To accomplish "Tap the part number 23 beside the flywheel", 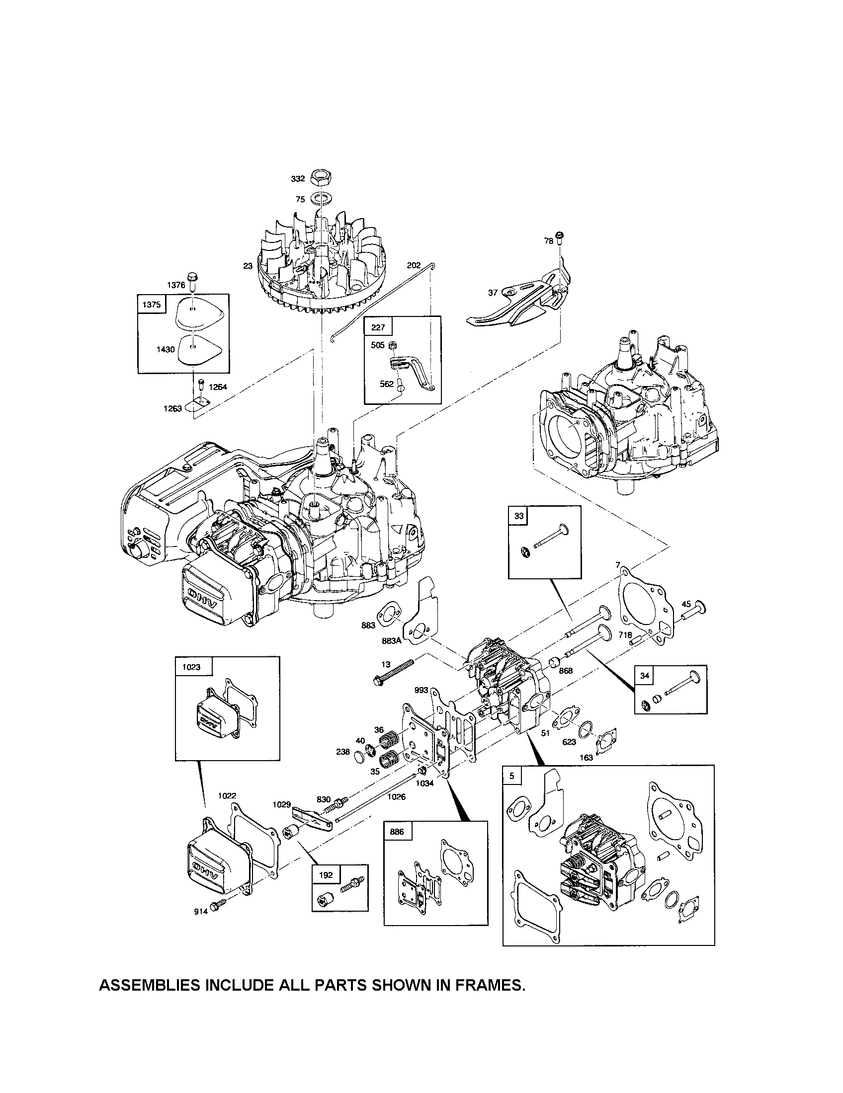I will coord(248,266).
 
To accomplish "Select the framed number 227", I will coord(378,327).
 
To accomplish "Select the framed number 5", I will coord(511,777).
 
